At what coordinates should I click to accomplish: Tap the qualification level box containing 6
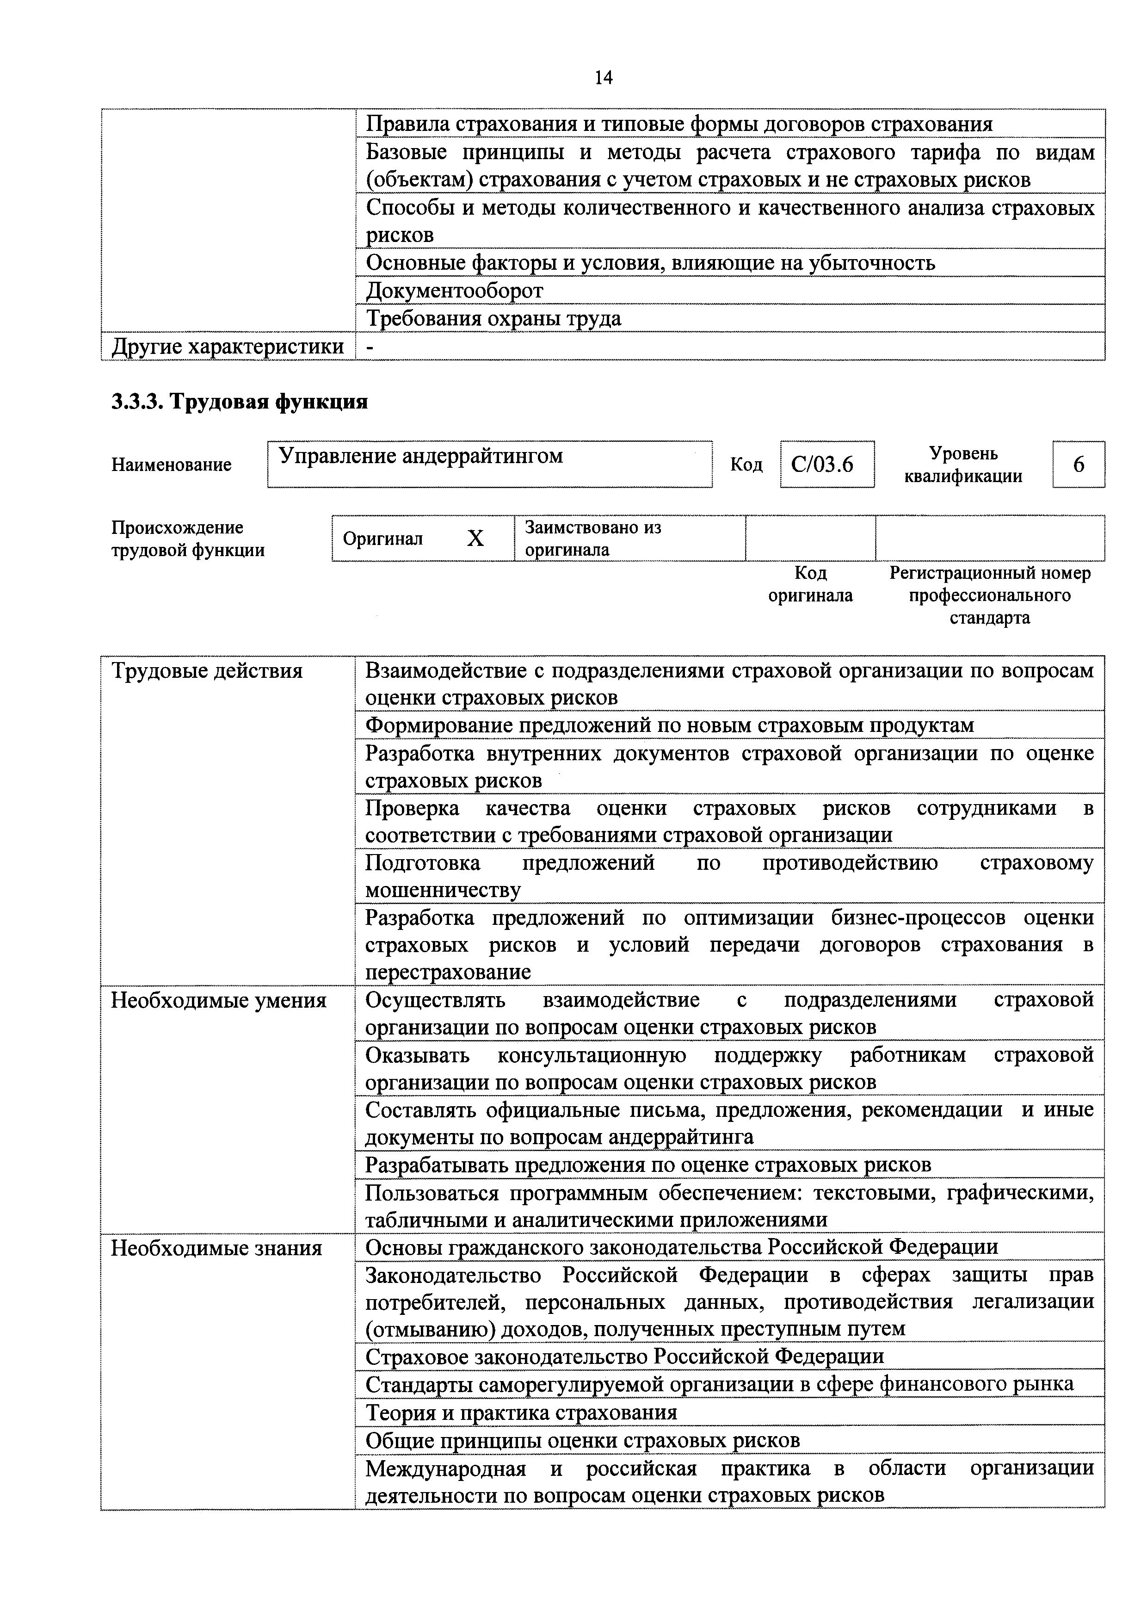tap(1079, 465)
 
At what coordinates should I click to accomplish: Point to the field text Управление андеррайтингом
tap(421, 456)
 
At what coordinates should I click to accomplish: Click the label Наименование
tap(171, 465)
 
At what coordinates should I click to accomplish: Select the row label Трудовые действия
tap(207, 670)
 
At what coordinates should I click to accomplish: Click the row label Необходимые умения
tap(219, 1000)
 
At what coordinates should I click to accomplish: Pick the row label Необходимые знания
tap(217, 1248)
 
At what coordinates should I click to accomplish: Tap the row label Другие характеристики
tap(228, 347)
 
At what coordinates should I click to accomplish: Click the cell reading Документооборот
tap(455, 291)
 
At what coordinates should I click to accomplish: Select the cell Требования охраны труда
tap(494, 319)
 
